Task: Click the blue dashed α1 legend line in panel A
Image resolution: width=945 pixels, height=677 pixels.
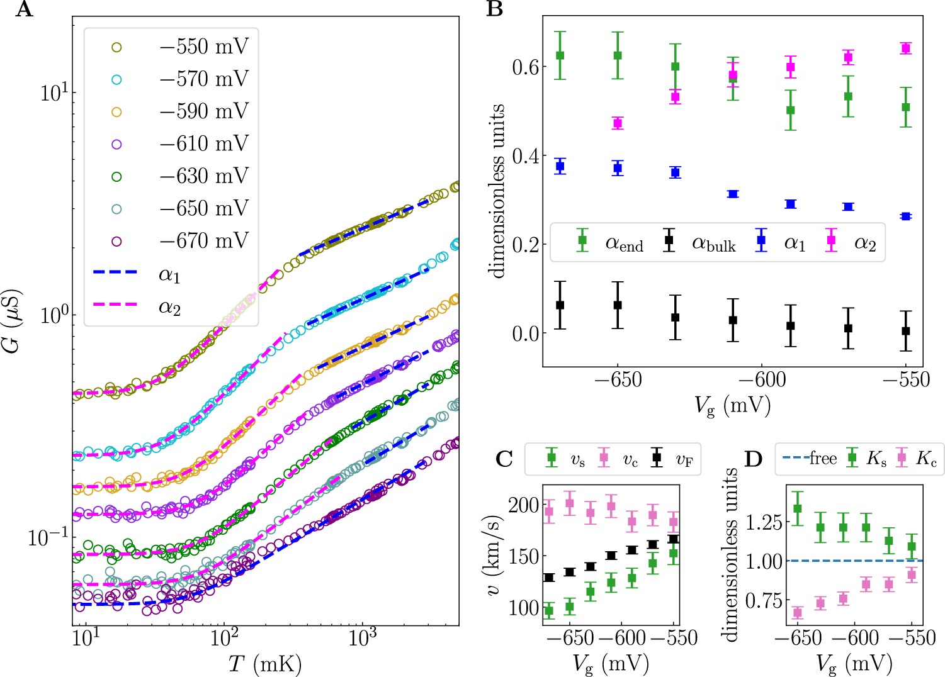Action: [x=115, y=272]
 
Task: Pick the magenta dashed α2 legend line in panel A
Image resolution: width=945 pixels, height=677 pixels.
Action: [x=115, y=305]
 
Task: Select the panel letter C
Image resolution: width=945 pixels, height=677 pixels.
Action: [x=504, y=459]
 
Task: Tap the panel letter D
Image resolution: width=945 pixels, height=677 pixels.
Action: [x=754, y=459]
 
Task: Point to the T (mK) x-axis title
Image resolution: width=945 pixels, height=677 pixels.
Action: [x=265, y=664]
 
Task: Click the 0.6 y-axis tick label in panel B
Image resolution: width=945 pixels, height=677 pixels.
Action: [x=525, y=67]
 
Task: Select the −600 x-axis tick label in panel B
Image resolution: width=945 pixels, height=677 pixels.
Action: [x=762, y=380]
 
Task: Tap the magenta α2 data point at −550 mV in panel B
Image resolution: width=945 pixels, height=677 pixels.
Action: [x=906, y=48]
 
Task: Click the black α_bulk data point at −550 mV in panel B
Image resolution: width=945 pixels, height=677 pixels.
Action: [x=906, y=331]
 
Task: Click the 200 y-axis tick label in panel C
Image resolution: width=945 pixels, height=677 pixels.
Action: [x=524, y=505]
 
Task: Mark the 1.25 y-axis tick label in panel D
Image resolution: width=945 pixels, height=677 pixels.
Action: [x=764, y=522]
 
